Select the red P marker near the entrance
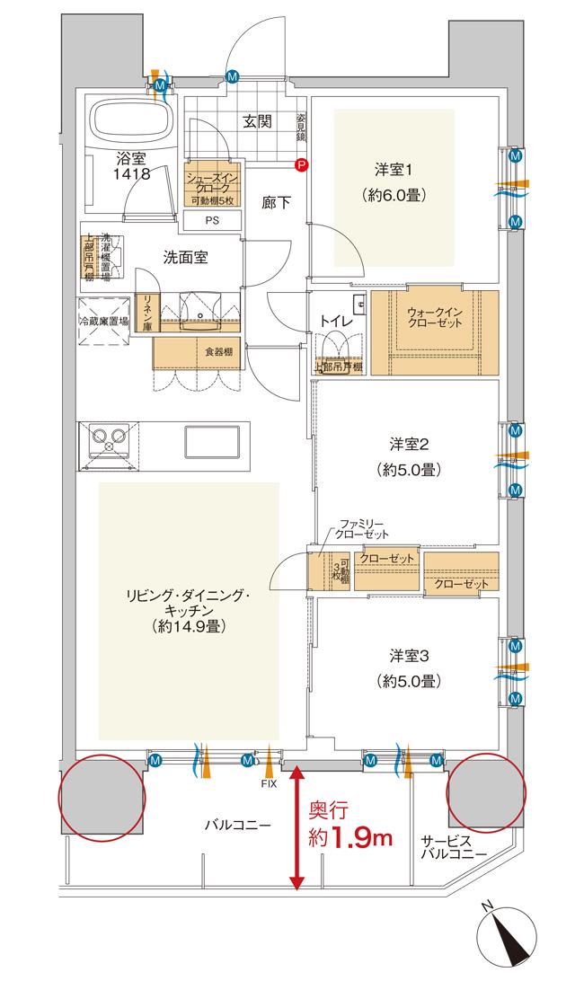click(302, 164)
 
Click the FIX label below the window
click(268, 783)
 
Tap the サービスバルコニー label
click(454, 847)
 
